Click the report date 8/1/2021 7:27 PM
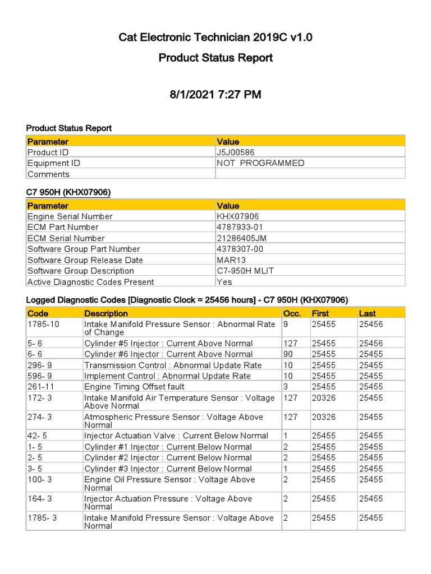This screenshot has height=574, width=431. tap(215, 94)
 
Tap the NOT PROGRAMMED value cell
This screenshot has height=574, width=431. tap(260, 163)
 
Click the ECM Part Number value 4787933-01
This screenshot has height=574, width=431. tap(240, 227)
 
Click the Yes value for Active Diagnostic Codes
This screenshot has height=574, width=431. tap(224, 282)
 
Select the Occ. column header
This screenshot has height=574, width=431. tap(292, 313)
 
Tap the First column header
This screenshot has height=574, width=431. tap(320, 313)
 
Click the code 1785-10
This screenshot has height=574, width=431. tap(40, 324)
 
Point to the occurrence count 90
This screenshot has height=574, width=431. tap(288, 354)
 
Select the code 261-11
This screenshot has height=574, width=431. tap(39, 387)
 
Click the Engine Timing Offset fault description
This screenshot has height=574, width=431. tap(134, 387)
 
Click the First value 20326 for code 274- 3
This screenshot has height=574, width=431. tap(324, 417)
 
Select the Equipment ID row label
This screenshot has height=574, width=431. tap(54, 163)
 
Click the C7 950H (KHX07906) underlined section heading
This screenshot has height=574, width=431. tap(68, 192)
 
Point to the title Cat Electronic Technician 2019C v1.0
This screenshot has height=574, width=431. tap(215, 38)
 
